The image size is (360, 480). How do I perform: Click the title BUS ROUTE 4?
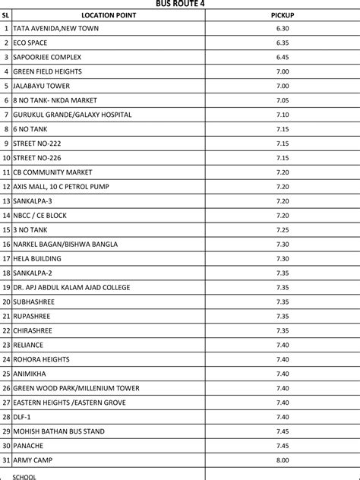[180, 4]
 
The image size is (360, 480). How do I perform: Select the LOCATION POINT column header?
[103, 14]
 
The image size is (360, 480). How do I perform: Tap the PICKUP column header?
[283, 14]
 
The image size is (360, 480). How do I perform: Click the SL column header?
[5, 14]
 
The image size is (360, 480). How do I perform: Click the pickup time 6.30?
[283, 28]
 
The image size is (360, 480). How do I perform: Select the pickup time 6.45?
[283, 57]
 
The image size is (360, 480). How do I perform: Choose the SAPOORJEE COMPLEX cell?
[47, 57]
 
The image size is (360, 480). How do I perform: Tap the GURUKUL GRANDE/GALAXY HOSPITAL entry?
[72, 115]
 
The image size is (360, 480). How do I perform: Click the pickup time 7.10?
[283, 115]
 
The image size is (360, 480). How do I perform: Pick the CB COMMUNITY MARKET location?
[52, 172]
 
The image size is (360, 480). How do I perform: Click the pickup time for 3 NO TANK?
[283, 229]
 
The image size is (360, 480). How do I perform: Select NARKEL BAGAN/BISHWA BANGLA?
[66, 244]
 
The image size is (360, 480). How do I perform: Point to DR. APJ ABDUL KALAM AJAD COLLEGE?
[71, 287]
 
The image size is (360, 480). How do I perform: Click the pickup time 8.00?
[283, 460]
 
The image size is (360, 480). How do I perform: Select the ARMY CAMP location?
[33, 460]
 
